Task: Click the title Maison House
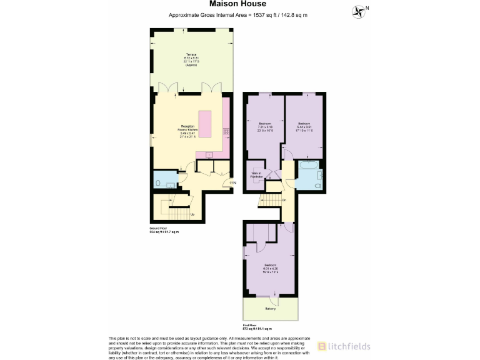[x=239, y=4]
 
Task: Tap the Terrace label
[x=191, y=56]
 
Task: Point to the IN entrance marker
[x=232, y=182]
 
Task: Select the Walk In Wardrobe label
[x=257, y=175]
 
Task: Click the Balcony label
[x=270, y=309]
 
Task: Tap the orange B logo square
[x=321, y=346]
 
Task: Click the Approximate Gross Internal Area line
[x=239, y=14]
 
